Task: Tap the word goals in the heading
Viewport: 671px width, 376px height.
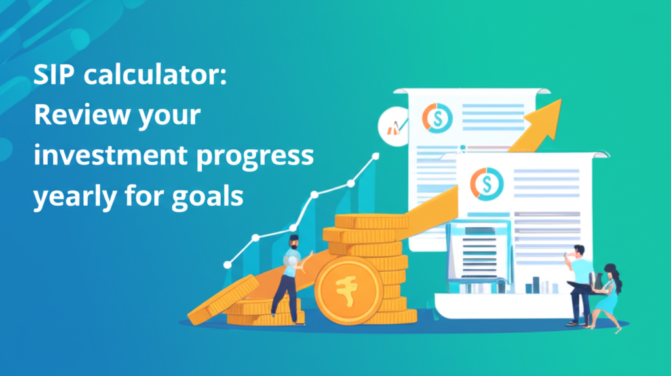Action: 204,195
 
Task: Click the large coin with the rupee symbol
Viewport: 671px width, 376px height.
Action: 347,290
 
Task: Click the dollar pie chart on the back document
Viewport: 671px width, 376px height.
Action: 436,117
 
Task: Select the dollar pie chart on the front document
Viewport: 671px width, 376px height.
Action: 488,183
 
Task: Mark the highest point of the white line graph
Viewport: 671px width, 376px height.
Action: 375,156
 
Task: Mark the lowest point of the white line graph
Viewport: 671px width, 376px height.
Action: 227,265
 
